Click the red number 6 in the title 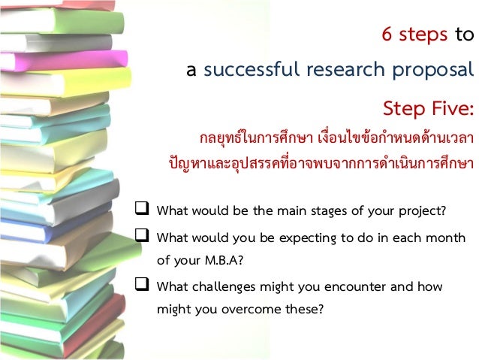point(388,36)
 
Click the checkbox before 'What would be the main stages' point(142,209)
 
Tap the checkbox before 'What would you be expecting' point(142,238)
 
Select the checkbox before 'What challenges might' point(142,286)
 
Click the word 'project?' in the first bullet point(423,210)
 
